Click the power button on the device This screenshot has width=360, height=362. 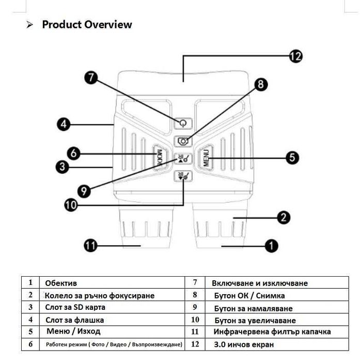pos(183,123)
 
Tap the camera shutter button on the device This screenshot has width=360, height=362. pos(183,141)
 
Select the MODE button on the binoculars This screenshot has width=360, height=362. pos(160,158)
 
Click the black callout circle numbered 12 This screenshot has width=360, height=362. pos(295,56)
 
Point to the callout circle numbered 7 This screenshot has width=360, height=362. pos(91,78)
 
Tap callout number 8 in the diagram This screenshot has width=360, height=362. pos(261,84)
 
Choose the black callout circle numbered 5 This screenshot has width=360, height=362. pos(292,158)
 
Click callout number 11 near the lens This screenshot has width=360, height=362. pos(90,245)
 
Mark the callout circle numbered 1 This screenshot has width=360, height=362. pos(272,246)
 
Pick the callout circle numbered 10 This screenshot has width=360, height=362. pos(71,205)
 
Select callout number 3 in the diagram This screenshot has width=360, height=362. pos(62,167)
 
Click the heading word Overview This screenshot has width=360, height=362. pos(108,24)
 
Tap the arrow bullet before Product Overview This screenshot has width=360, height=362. pos(29,24)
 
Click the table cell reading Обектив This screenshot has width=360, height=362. pos(61,283)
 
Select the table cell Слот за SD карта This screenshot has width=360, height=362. pos(75,307)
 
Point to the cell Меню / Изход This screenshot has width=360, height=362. pos(73,331)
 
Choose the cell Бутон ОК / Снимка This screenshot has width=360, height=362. pos(249,295)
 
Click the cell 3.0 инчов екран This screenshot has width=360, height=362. pos(244,344)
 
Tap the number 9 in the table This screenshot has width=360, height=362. pos(195,307)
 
